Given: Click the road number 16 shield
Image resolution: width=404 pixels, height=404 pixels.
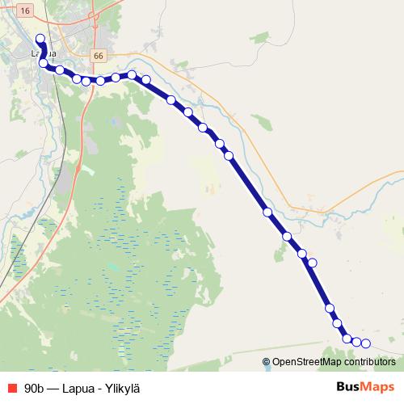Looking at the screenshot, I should [25, 11].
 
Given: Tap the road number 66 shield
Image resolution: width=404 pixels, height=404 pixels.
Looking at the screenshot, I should [99, 56].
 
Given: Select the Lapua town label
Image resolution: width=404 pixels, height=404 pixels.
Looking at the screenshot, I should [43, 53].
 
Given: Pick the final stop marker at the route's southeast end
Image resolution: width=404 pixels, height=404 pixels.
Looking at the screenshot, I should [365, 343].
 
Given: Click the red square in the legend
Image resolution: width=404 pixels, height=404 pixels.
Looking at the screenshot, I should [11, 387].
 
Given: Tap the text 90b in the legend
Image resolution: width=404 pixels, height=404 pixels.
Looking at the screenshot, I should [34, 387].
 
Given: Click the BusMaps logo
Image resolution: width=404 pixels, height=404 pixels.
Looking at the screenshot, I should [365, 386].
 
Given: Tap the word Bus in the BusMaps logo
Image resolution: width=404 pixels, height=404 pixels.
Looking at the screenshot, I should [350, 386].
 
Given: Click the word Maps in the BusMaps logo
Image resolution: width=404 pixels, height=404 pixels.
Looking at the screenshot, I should [378, 386].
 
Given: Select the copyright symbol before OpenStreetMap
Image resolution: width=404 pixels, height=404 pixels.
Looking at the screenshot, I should [267, 362].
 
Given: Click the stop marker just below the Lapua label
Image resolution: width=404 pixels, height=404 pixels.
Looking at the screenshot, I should [43, 63].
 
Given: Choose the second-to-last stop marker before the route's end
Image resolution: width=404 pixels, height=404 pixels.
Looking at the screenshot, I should [356, 343].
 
